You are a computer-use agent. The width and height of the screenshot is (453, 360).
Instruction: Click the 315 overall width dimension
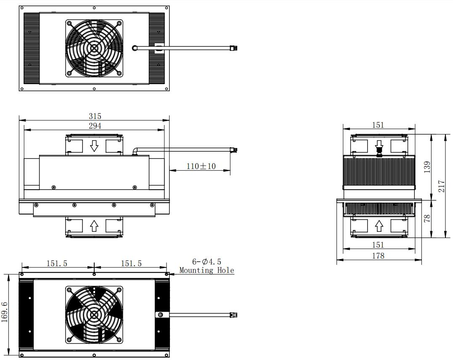[95, 116]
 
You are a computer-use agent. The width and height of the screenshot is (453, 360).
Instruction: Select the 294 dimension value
[95, 126]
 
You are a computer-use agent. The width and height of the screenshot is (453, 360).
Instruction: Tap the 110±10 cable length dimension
[201, 166]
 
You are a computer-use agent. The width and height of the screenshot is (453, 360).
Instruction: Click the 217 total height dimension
[442, 186]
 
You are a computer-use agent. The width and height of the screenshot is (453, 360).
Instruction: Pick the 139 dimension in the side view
[427, 167]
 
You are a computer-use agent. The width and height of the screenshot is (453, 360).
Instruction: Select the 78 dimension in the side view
[427, 218]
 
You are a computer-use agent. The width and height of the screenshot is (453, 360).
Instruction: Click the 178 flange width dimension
[378, 256]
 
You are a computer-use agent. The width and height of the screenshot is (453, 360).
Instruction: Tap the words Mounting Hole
[207, 270]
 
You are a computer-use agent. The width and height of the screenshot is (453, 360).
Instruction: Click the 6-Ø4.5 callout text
[207, 262]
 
